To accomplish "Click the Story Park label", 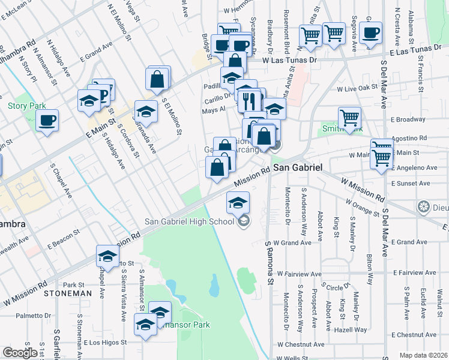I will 27,106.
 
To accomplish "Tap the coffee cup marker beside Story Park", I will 47,120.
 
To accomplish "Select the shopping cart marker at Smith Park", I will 349,117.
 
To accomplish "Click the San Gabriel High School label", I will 189,222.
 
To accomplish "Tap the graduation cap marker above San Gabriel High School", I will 238,203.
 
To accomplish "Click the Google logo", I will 20,353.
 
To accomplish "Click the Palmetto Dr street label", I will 34,315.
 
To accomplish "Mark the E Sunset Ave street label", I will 410,184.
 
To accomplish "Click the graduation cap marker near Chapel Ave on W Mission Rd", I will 107,256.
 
